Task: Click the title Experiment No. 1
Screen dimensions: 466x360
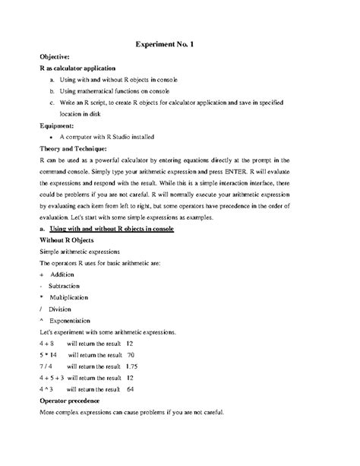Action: [165, 45]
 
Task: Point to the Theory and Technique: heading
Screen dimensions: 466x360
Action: [79, 149]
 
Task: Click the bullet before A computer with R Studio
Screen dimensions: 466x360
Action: [51, 137]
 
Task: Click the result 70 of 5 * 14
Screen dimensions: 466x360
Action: [131, 354]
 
